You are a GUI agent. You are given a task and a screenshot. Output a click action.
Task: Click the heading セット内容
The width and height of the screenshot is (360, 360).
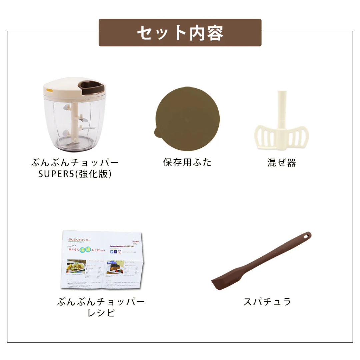pos(180,33)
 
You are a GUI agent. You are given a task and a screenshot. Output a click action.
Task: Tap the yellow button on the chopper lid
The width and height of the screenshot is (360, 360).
pos(49,90)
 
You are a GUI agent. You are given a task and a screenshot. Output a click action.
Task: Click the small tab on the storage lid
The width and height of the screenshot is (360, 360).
pos(157,133)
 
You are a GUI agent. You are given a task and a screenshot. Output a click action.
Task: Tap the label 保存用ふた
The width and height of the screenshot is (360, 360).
pos(187,162)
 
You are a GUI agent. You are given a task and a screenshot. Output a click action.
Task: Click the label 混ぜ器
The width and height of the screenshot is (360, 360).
pos(281,163)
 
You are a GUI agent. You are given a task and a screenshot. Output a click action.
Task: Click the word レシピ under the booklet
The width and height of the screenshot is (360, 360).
pos(101,313)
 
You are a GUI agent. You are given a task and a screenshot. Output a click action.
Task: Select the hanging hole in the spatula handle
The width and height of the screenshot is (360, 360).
pos(306,236)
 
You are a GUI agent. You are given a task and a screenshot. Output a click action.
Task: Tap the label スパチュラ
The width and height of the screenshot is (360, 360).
pos(267,302)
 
